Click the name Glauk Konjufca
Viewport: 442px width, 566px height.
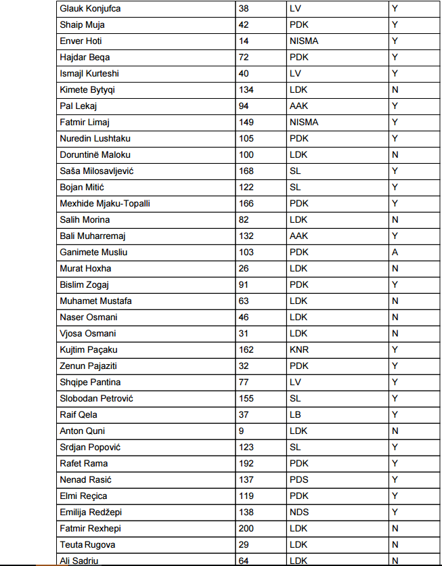click(92, 9)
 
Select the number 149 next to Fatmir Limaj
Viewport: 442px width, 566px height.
click(246, 123)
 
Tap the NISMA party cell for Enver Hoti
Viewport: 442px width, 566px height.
click(304, 41)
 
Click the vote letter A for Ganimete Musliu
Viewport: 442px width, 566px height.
click(395, 253)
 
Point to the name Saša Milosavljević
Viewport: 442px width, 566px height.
click(97, 171)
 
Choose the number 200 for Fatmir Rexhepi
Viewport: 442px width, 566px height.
click(246, 529)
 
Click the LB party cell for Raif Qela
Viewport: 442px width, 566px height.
click(296, 415)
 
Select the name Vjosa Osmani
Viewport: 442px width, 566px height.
click(88, 334)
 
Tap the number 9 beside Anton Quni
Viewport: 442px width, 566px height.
click(242, 431)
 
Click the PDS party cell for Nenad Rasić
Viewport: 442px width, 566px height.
click(299, 480)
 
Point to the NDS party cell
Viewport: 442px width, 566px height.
click(299, 513)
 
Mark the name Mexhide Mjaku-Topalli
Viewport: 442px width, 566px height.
click(105, 204)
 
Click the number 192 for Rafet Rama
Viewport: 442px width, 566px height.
click(246, 464)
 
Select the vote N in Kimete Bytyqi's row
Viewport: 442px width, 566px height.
click(395, 90)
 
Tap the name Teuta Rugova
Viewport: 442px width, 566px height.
click(88, 545)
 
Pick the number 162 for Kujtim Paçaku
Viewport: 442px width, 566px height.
click(246, 350)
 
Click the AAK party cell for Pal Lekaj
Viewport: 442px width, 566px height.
click(299, 106)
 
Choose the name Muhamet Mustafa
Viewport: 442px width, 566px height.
click(95, 301)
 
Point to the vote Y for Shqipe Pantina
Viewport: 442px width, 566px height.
click(395, 383)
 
